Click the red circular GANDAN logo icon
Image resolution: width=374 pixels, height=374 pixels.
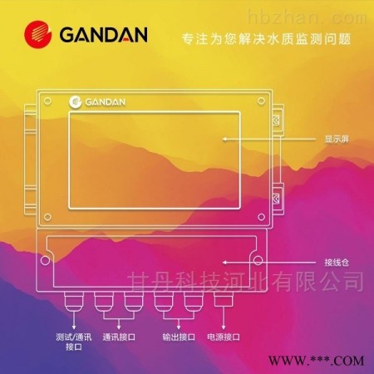point(38,34)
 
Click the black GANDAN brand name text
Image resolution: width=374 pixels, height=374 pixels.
point(103,35)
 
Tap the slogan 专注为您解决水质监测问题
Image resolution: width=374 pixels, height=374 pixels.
point(267,39)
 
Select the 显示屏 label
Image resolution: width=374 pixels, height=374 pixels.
point(337,139)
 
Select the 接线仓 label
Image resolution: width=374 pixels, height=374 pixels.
point(337,262)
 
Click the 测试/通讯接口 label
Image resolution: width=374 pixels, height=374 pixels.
point(74,342)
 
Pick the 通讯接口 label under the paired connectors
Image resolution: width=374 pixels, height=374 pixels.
point(119,337)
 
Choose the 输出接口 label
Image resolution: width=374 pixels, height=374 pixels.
point(179,337)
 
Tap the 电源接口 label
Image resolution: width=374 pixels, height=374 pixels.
point(224,337)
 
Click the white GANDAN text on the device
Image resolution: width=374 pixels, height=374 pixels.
point(106,102)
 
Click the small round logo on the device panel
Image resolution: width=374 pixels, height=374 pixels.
point(76,101)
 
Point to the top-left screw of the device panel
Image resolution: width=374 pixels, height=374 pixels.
point(47,101)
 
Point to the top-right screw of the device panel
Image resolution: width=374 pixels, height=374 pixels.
point(261,101)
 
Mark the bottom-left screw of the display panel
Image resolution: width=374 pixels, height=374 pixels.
point(47,217)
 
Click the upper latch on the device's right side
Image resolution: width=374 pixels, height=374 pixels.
point(277,121)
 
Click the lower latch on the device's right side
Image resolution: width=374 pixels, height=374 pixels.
point(277,199)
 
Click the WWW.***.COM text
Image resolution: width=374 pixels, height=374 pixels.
point(316,361)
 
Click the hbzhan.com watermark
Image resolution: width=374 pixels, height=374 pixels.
point(307,17)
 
